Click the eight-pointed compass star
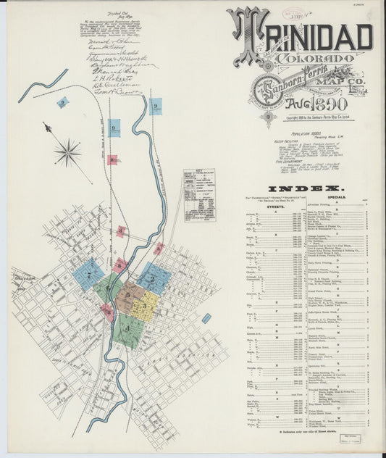tap(67, 152)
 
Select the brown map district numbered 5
tap(129, 296)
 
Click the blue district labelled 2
tap(154, 278)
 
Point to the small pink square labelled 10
tap(112, 159)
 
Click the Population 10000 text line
tap(287, 133)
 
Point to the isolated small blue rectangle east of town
tap(206, 317)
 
